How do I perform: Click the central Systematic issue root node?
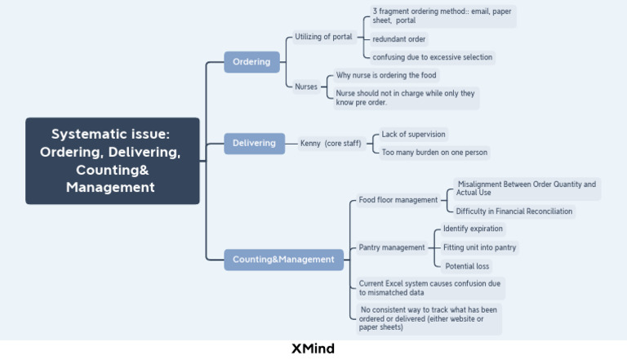[x=112, y=161]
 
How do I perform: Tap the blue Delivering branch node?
[x=254, y=144]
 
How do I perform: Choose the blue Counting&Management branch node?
[x=283, y=260]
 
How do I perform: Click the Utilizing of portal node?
[x=323, y=38]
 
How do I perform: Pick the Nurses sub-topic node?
[x=306, y=87]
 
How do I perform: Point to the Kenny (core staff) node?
[x=330, y=144]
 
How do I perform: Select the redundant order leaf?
[x=398, y=39]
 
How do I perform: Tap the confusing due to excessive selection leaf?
[x=432, y=57]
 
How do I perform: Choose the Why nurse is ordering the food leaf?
[x=386, y=76]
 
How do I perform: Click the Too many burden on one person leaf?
[x=434, y=152]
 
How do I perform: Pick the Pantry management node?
[x=392, y=247]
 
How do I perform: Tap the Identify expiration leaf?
[x=473, y=229]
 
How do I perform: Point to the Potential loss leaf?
[x=468, y=266]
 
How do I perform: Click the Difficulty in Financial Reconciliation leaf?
[x=514, y=211]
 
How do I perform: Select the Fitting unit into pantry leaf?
[x=479, y=247]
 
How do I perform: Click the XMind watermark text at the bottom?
[x=313, y=349]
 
